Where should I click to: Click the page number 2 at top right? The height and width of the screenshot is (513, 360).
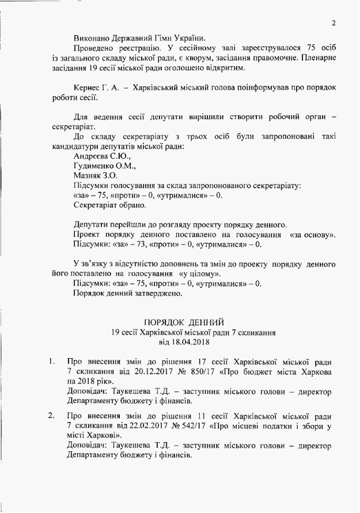[x=334, y=22]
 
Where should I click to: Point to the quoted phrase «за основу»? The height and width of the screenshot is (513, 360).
[x=313, y=235]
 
